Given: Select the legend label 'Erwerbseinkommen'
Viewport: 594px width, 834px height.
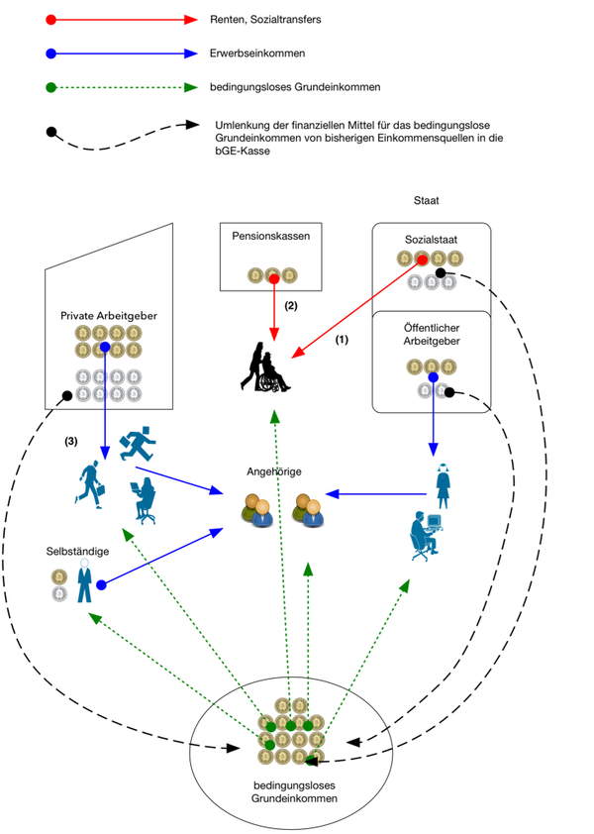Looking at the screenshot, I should [256, 53].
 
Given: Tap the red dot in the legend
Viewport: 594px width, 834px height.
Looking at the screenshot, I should [51, 20].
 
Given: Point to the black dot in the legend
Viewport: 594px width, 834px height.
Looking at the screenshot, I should [51, 130].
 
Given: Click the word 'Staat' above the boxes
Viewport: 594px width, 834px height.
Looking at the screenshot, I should [427, 201].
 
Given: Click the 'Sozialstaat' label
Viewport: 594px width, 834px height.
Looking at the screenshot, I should [429, 240].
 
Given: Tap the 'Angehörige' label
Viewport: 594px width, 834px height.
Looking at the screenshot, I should [274, 472].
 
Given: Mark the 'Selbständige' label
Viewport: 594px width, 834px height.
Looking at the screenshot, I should [78, 550].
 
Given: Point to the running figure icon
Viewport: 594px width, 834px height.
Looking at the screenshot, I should [138, 443].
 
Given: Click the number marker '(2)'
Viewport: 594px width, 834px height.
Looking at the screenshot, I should [292, 306].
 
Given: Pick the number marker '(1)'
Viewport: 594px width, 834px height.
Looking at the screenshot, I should [342, 339].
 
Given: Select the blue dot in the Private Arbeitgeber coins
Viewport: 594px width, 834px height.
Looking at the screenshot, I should [104, 349].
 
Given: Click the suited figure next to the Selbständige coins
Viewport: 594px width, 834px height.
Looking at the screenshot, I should [86, 582].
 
